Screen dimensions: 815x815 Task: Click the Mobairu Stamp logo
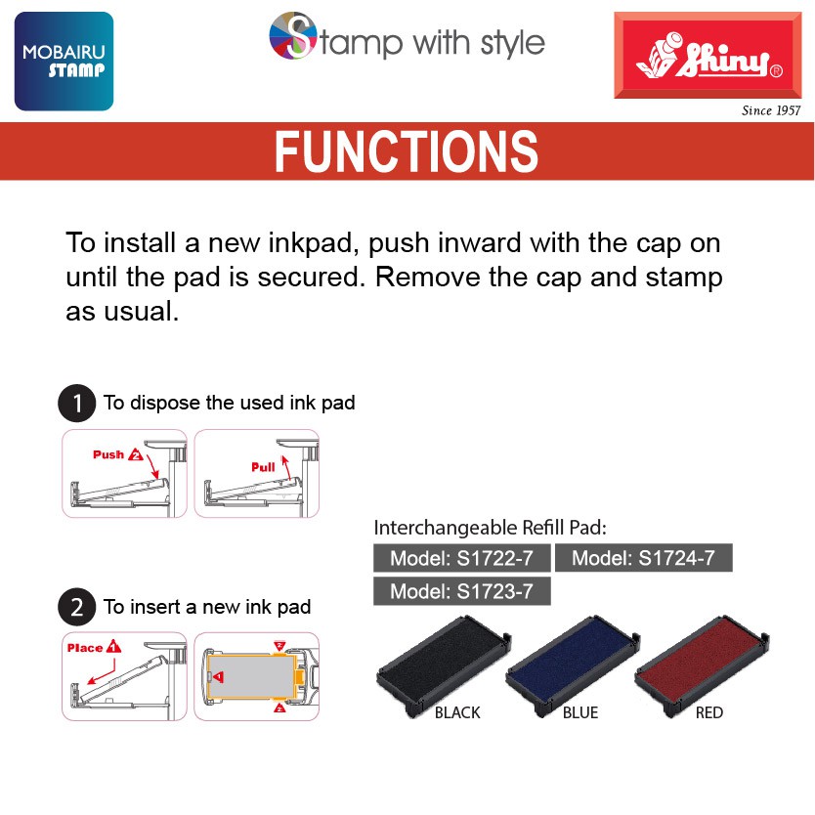[64, 62]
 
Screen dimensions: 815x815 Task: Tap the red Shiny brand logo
[708, 55]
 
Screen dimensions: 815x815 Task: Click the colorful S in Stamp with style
[293, 35]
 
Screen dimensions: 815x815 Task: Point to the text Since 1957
[771, 110]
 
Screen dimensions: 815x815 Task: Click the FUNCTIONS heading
[407, 151]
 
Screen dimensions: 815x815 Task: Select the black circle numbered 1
[77, 403]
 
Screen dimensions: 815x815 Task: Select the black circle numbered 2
[77, 607]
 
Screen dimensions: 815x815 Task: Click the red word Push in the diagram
[108, 454]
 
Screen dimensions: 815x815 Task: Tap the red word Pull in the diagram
[263, 467]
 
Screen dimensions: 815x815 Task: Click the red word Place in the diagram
[85, 648]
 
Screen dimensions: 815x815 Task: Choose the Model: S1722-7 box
[461, 558]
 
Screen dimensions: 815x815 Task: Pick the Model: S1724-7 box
[643, 558]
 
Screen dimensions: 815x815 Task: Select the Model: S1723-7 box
[461, 591]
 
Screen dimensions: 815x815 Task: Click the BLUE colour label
[580, 712]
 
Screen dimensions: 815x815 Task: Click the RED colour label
[708, 712]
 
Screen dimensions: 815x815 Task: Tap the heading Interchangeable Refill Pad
[491, 528]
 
